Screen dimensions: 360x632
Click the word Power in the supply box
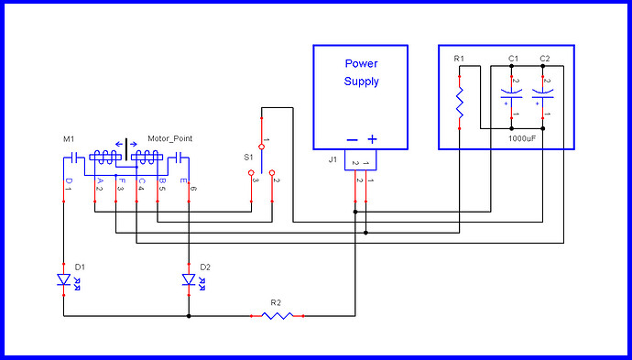coord(361,64)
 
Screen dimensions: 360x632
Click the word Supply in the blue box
coord(361,82)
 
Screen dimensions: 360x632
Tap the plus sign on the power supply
coord(372,139)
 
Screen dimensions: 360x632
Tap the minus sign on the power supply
coord(351,139)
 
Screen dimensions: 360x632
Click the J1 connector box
coord(360,163)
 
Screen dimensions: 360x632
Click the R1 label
coord(460,60)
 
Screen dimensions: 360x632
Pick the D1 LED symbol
coord(63,279)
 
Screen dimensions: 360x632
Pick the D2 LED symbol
coord(189,279)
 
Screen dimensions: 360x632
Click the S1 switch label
coord(248,158)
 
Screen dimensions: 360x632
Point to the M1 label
coord(69,139)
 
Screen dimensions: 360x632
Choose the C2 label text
coord(545,60)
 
